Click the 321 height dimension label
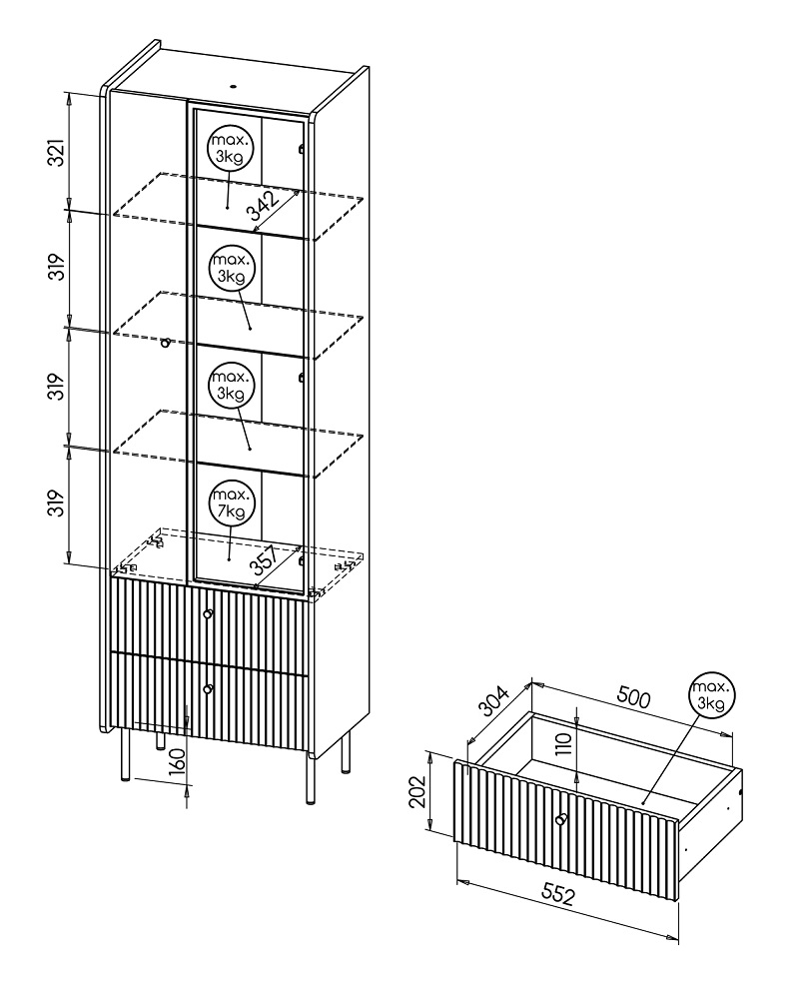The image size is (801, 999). tap(57, 152)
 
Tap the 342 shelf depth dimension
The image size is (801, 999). tap(263, 206)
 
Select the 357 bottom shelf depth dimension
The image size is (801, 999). tap(263, 560)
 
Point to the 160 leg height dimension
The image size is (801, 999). tap(178, 762)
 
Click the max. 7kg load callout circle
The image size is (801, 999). tap(231, 502)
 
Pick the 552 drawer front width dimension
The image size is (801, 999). tap(557, 894)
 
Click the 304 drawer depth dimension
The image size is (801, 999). tap(494, 701)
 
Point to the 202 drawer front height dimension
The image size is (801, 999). tap(417, 792)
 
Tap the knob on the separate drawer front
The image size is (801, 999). tap(561, 819)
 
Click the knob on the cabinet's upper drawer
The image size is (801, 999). tap(208, 613)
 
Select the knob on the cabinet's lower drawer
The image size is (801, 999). tap(208, 688)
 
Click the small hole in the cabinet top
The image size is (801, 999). tap(233, 85)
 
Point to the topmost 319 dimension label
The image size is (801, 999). tap(57, 267)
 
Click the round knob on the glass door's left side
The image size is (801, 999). tap(165, 344)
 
